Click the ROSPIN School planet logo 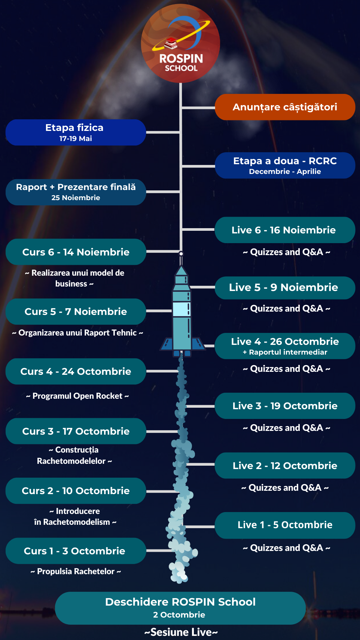180,43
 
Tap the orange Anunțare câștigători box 285,107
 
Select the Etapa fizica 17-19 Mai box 75,132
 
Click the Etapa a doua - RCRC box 285,165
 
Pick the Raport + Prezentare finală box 75,192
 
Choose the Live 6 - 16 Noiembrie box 285,230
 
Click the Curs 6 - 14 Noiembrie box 75,252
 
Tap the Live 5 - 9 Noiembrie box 285,288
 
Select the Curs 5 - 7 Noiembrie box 75,312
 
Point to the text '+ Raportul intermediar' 285,352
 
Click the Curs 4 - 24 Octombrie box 75,371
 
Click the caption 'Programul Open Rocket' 77,396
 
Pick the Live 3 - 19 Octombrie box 285,406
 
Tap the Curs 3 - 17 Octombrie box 75,431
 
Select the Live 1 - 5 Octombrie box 285,525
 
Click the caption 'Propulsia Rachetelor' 76,572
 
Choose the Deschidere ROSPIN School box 180,608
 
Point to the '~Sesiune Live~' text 181,632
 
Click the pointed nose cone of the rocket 181,270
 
